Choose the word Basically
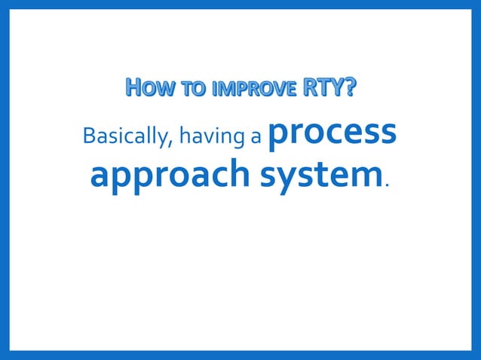(x=118, y=138)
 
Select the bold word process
(x=332, y=133)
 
